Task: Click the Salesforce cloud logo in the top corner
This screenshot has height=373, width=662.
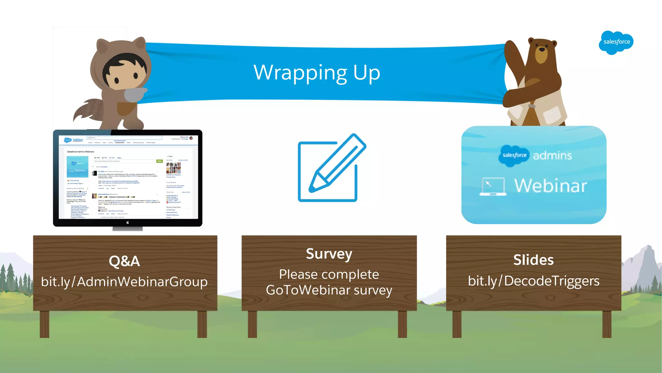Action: pyautogui.click(x=616, y=42)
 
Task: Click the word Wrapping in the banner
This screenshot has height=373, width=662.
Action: pyautogui.click(x=300, y=73)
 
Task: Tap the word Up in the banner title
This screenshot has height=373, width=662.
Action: pyautogui.click(x=366, y=73)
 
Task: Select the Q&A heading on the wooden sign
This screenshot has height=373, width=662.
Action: pyautogui.click(x=124, y=261)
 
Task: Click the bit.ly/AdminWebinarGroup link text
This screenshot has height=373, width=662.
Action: pyautogui.click(x=124, y=282)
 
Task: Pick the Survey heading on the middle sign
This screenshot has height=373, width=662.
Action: pyautogui.click(x=329, y=254)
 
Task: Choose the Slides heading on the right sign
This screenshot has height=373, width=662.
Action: pyautogui.click(x=533, y=260)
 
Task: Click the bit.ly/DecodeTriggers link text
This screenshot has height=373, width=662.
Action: pyautogui.click(x=533, y=281)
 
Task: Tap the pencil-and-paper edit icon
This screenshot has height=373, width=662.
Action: pyautogui.click(x=331, y=168)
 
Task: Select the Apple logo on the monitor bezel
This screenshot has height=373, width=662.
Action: pyautogui.click(x=128, y=222)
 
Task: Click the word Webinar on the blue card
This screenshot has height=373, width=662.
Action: pyautogui.click(x=550, y=186)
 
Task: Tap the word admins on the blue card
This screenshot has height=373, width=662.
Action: pyautogui.click(x=552, y=156)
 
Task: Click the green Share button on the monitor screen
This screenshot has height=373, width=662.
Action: pyautogui.click(x=159, y=161)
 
